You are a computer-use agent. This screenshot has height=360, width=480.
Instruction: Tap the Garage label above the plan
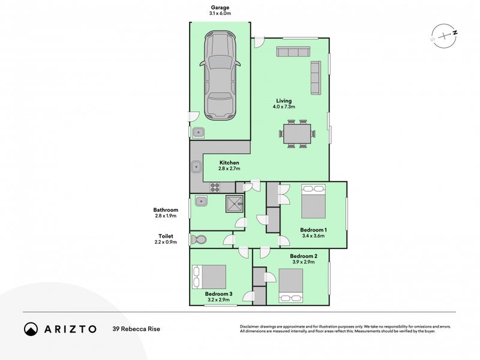pyautogui.click(x=220, y=7)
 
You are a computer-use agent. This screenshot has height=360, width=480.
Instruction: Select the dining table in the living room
pyautogui.click(x=297, y=133)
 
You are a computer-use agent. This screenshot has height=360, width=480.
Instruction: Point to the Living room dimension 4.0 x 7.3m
pyautogui.click(x=284, y=107)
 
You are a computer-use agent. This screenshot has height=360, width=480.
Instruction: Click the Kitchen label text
pyautogui.click(x=229, y=163)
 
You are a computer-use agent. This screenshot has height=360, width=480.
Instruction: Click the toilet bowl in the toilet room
pyautogui.click(x=199, y=240)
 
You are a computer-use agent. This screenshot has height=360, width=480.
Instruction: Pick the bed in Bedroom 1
pyautogui.click(x=313, y=202)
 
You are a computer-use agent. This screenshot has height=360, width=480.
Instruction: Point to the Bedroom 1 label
pyautogui.click(x=313, y=230)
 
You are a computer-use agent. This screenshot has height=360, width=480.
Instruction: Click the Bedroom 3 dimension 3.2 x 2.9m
pyautogui.click(x=218, y=299)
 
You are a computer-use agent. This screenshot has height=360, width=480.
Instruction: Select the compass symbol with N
pyautogui.click(x=443, y=37)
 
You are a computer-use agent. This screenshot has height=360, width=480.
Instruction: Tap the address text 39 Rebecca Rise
pyautogui.click(x=136, y=329)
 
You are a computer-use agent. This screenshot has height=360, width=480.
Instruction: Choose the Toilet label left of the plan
pyautogui.click(x=166, y=236)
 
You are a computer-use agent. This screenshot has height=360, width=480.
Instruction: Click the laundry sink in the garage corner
pyautogui.click(x=199, y=132)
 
